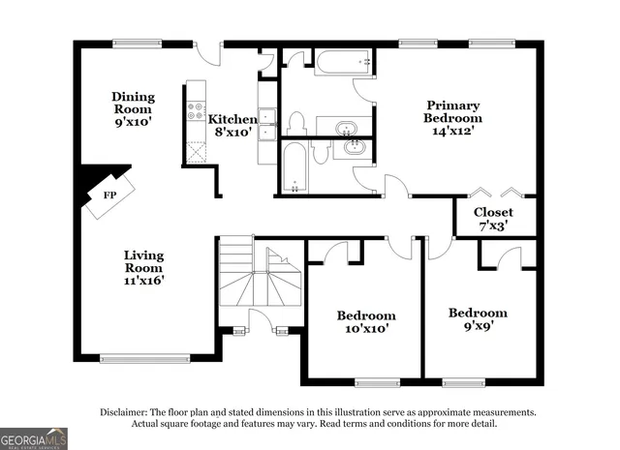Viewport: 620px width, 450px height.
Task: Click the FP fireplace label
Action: point(109,195)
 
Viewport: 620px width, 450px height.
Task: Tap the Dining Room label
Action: point(133,109)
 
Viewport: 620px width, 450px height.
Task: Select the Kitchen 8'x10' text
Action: point(232,125)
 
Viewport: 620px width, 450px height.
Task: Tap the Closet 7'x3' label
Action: point(493,218)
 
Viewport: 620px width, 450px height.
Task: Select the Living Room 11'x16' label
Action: point(143,267)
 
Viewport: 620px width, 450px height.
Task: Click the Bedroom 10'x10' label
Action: point(365,322)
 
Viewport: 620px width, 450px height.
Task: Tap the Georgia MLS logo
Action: point(34,437)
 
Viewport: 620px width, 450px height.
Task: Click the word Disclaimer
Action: point(125,411)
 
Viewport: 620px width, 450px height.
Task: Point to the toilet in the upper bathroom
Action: point(296,122)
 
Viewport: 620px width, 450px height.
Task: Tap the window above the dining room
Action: point(136,42)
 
